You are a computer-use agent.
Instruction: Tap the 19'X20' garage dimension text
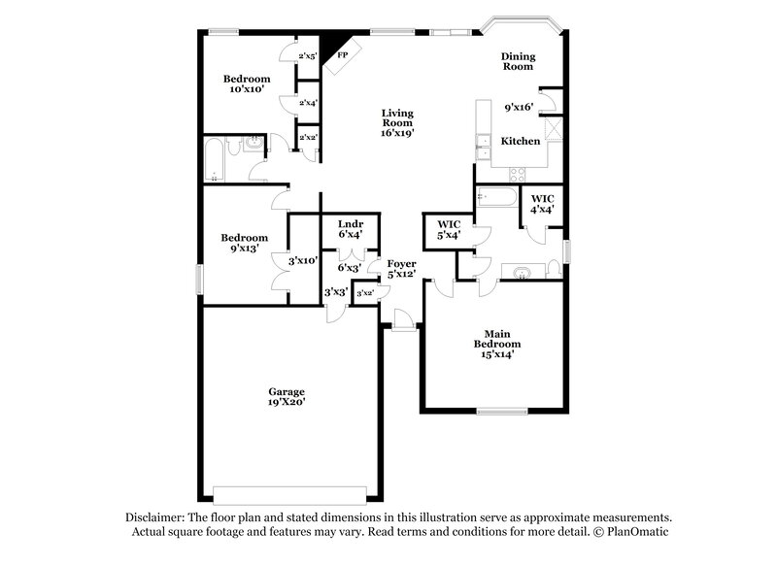287,403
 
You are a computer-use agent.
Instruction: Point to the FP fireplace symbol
342,55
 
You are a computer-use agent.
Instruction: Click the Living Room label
397,118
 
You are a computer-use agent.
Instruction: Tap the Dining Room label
518,62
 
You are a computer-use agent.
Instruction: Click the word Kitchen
520,142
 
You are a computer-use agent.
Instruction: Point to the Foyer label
401,264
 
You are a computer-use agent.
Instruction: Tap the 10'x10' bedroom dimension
246,89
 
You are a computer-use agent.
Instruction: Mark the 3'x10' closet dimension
304,259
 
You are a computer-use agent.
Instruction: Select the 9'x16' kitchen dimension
520,108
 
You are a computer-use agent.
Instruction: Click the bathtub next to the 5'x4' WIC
498,199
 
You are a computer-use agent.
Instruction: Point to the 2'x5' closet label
309,55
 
